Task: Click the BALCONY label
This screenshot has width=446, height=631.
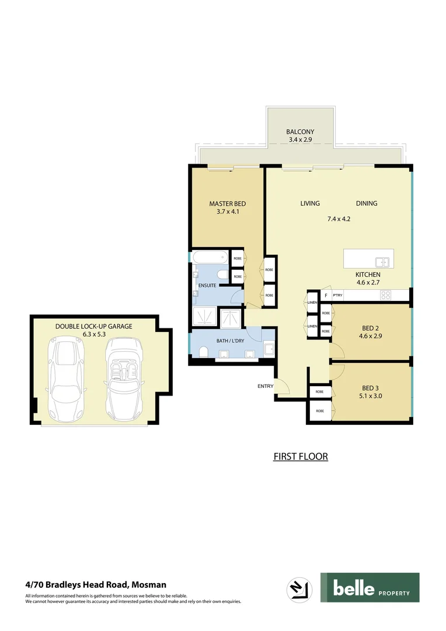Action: click(300, 132)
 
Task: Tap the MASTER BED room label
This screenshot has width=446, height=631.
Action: click(224, 204)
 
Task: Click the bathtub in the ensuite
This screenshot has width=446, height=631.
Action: click(210, 258)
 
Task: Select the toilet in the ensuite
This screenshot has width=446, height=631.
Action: click(221, 275)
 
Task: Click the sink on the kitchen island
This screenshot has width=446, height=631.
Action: click(383, 262)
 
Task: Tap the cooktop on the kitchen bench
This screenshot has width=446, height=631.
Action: click(386, 295)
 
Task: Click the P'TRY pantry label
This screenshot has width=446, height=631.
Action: click(337, 296)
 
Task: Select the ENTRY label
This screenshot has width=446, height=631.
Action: click(265, 386)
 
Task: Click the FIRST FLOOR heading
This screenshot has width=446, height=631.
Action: click(301, 456)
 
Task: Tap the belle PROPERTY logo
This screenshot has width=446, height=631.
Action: click(370, 588)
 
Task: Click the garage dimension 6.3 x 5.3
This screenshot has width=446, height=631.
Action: click(95, 334)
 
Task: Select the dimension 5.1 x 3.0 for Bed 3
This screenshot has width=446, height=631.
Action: click(371, 396)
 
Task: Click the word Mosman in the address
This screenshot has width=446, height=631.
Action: click(149, 584)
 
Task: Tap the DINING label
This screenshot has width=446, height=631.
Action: click(367, 204)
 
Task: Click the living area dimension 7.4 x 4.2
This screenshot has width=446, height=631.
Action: click(339, 219)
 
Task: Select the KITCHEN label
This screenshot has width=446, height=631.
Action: click(368, 275)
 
